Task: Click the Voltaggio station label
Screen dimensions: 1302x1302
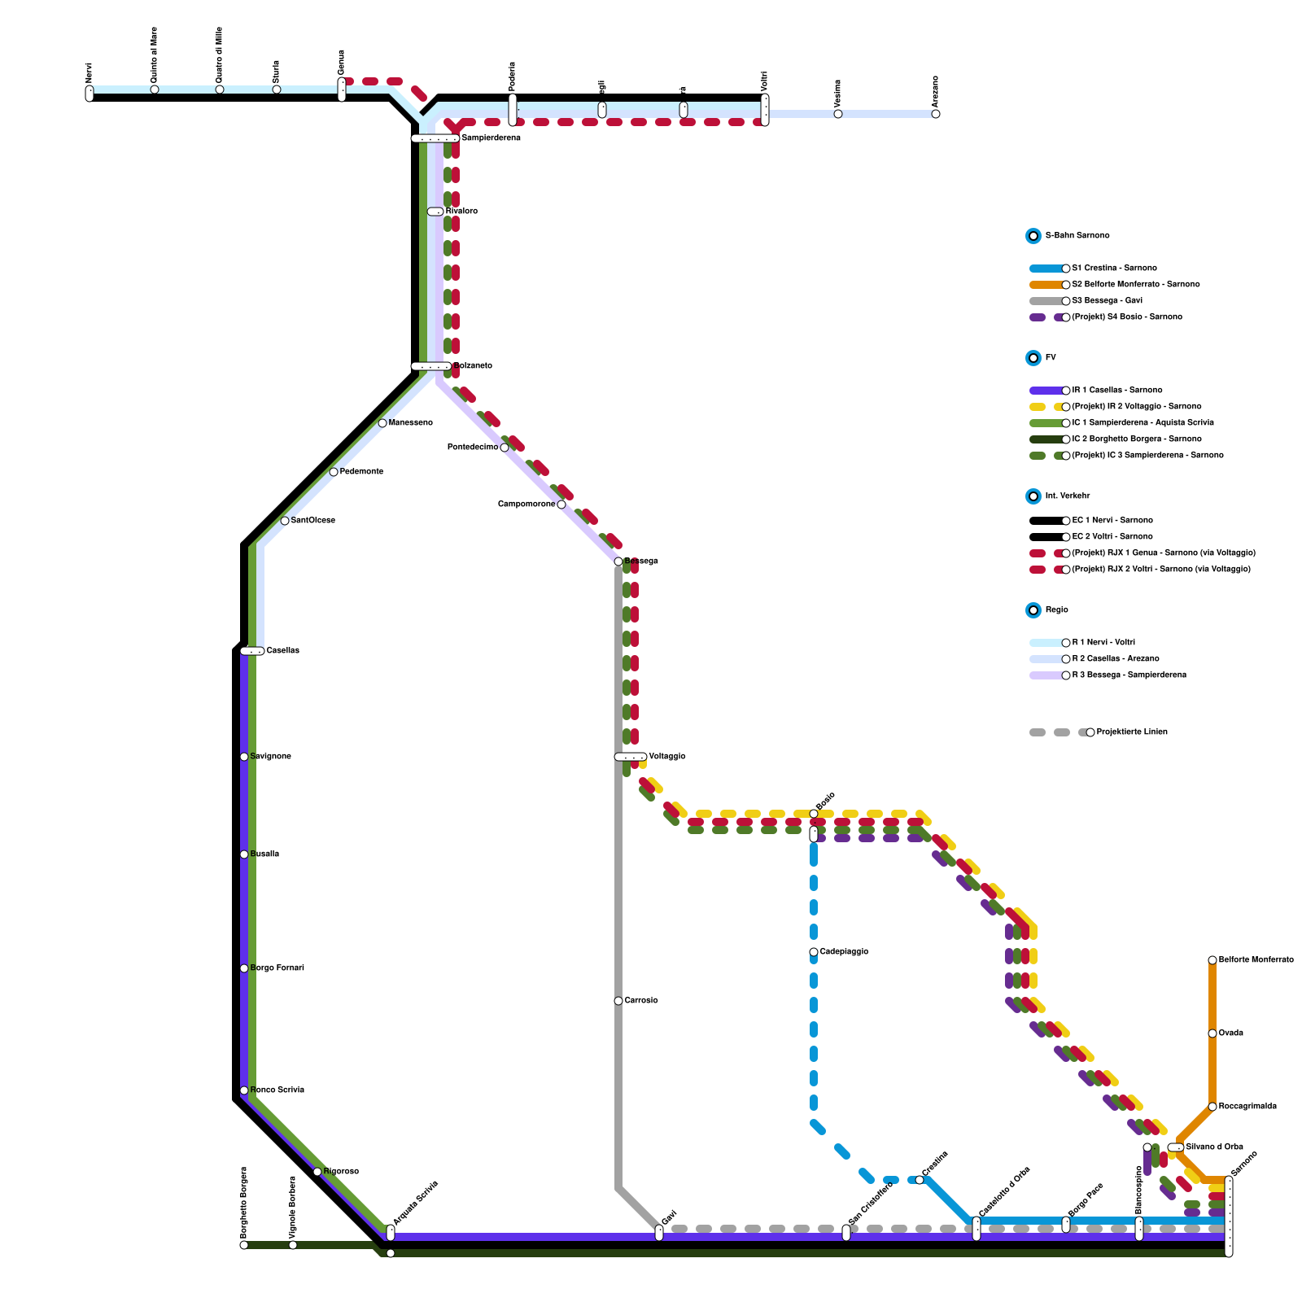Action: tap(666, 757)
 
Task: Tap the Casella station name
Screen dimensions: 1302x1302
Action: tap(282, 651)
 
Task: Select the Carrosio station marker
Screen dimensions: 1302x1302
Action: tap(618, 1001)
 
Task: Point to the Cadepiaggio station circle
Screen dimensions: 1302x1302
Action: tap(814, 952)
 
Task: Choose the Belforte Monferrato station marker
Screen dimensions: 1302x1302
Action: tap(1212, 960)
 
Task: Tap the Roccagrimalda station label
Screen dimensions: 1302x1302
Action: tap(1247, 1107)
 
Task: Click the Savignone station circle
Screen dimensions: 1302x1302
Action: tap(244, 757)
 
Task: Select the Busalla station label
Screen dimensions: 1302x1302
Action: tap(264, 854)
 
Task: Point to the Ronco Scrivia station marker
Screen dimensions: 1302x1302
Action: tap(244, 1090)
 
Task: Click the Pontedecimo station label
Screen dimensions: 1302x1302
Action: tap(472, 448)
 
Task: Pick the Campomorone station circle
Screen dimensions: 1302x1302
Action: tap(561, 505)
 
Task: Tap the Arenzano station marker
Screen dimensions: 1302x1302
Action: tap(936, 114)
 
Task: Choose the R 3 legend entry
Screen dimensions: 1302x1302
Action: tap(1128, 675)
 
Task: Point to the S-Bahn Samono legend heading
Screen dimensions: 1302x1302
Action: tap(1077, 236)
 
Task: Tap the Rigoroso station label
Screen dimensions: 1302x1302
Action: tap(341, 1172)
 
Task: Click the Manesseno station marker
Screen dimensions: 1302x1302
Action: tap(382, 423)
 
